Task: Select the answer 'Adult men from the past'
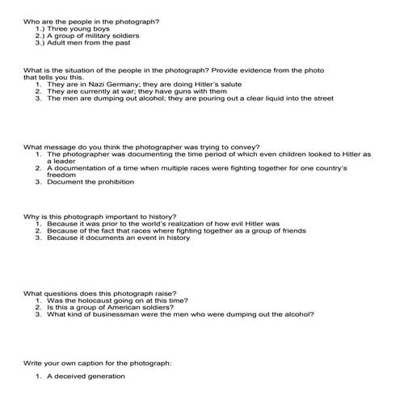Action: (x=86, y=44)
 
